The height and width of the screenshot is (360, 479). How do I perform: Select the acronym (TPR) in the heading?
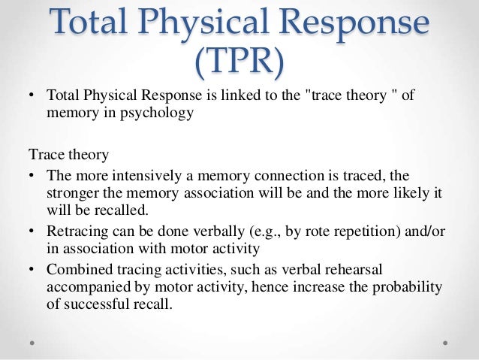[239, 64]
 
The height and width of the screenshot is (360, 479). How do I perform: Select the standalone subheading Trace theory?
[68, 155]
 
